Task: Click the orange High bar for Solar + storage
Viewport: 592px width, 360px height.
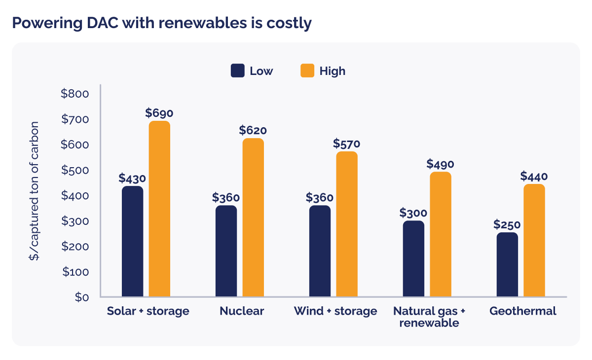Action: tap(159, 209)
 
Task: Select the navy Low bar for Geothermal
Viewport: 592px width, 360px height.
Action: tap(507, 265)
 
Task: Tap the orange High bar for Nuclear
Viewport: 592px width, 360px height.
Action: tap(253, 217)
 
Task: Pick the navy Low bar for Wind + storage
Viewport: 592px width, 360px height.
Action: tap(320, 251)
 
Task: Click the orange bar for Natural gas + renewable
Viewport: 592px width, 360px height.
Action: tap(441, 234)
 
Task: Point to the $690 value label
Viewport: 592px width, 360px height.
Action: tap(159, 113)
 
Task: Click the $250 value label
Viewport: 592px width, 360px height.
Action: tap(507, 225)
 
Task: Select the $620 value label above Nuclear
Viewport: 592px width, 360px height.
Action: tap(253, 131)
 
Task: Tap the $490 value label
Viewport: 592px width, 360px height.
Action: tap(441, 164)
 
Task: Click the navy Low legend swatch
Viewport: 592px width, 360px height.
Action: tap(238, 71)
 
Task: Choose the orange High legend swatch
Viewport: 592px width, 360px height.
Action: tap(307, 71)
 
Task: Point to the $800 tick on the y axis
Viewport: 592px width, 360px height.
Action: tap(74, 94)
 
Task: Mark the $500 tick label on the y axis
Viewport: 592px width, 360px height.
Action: tap(74, 171)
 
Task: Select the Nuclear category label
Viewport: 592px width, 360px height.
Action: tap(242, 311)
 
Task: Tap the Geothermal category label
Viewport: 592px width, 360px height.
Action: tap(522, 311)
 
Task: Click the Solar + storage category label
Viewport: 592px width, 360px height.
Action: tap(148, 311)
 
